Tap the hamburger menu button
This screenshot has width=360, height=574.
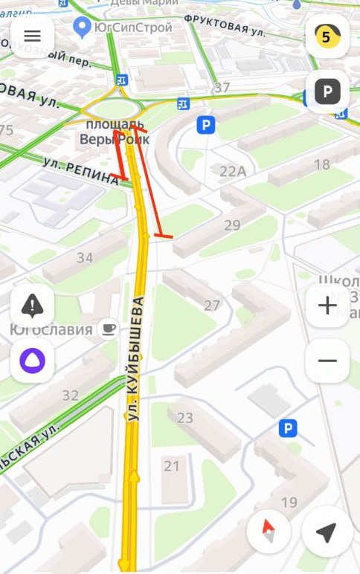click(32, 36)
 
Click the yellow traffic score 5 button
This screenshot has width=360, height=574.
click(327, 36)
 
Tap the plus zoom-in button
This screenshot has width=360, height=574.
click(327, 306)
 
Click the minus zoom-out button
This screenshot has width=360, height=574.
click(327, 361)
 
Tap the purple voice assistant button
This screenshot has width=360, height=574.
click(32, 361)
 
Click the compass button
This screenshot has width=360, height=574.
click(269, 532)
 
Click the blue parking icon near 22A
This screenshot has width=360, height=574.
click(206, 124)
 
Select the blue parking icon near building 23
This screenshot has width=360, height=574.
click(288, 428)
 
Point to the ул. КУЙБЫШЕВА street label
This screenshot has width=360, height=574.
click(135, 361)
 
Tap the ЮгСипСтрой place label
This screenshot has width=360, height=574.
click(132, 28)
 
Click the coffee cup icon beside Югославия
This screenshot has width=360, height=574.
click(109, 329)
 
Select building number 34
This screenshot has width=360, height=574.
click(85, 258)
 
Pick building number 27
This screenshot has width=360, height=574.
click(212, 305)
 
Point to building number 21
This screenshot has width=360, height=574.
click(172, 466)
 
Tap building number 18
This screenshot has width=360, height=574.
click(322, 164)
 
